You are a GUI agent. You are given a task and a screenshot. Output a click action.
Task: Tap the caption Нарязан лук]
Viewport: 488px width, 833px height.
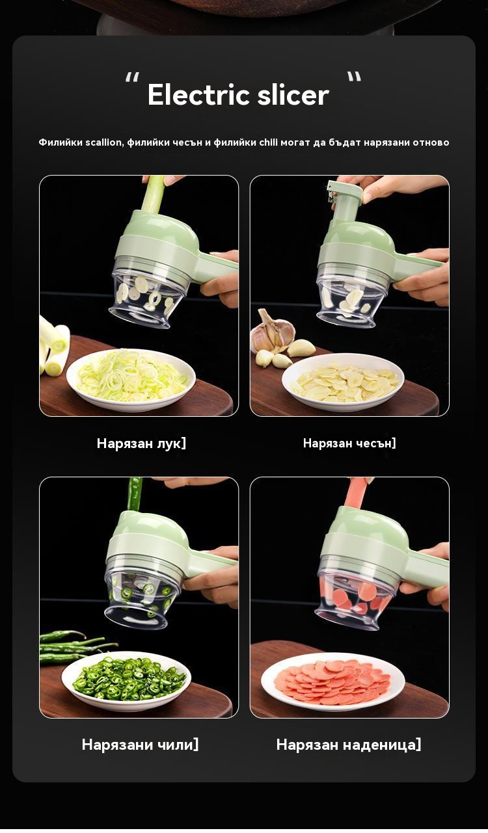(x=141, y=443)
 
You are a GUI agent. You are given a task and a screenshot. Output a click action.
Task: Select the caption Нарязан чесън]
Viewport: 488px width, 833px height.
(x=349, y=443)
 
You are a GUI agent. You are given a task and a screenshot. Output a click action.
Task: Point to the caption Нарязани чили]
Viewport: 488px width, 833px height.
(x=140, y=745)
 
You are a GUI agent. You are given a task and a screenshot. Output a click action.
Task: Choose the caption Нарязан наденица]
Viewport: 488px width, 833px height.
(x=348, y=745)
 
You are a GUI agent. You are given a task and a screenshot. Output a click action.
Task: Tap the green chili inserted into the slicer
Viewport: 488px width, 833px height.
(x=135, y=494)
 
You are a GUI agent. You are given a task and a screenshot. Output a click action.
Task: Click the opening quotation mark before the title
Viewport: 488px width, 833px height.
(x=132, y=77)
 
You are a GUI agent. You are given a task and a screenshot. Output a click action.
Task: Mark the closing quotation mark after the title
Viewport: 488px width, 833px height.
(x=355, y=77)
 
